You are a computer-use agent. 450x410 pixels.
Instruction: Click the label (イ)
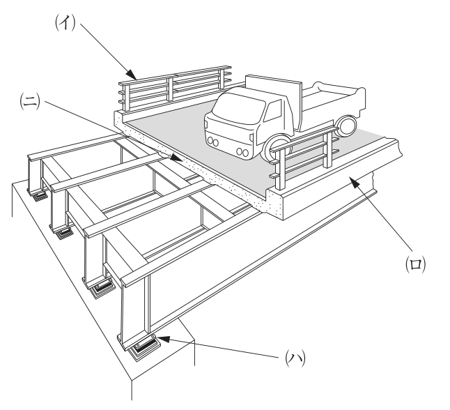pyautogui.click(x=65, y=22)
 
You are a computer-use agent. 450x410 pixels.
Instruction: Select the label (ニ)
pyautogui.click(x=30, y=101)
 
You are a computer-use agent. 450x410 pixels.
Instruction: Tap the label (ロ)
pyautogui.click(x=416, y=264)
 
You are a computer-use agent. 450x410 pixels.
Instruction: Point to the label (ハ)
pyautogui.click(x=295, y=358)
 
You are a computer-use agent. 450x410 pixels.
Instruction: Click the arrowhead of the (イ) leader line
pyautogui.click(x=132, y=75)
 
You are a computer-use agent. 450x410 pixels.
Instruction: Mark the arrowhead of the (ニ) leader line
pyautogui.click(x=176, y=158)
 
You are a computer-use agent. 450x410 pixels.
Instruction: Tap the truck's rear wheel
pyautogui.click(x=347, y=126)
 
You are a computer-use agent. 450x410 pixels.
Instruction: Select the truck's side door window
pyautogui.click(x=272, y=111)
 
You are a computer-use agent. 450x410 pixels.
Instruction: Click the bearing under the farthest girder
pyautogui.click(x=40, y=197)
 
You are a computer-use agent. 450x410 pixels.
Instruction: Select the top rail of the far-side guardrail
pyautogui.click(x=175, y=75)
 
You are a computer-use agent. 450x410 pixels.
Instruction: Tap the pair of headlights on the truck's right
pyautogui.click(x=242, y=152)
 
